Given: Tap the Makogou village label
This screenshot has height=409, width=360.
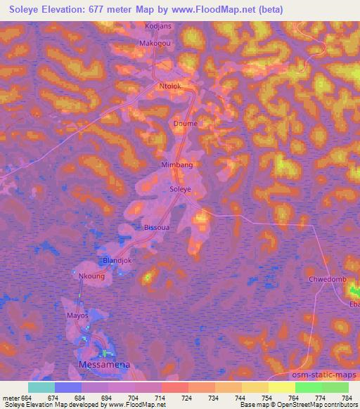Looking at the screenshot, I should [155, 42].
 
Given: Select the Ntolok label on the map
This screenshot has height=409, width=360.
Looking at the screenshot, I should [169, 87].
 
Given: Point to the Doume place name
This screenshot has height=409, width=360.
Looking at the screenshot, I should [185, 124].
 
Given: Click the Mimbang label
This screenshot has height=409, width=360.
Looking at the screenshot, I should [177, 164].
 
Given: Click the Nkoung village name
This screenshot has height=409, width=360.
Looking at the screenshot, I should [91, 277].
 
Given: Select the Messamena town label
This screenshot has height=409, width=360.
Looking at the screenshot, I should [106, 365].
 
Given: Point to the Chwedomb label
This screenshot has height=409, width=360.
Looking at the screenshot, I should [328, 280].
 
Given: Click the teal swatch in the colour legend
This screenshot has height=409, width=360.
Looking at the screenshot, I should [41, 387].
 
